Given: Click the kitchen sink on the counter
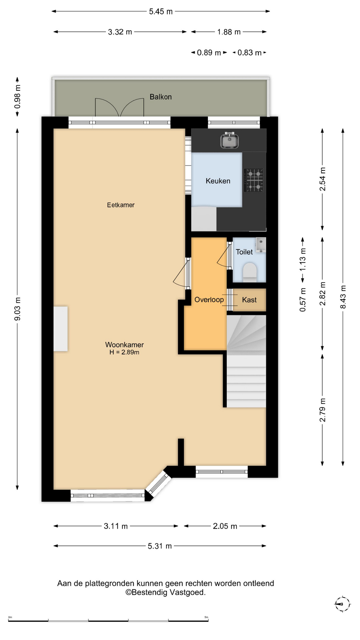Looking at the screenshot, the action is point(229,140).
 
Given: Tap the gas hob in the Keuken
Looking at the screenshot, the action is point(254,180).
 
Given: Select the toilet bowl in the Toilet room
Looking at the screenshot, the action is point(249,271).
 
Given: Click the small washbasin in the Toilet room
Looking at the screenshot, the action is point(261,245).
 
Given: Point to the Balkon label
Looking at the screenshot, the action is point(161,97).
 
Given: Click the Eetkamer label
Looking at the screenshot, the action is point(121,205).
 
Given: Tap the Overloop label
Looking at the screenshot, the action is point(209,300).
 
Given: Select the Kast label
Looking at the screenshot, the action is point(249,300).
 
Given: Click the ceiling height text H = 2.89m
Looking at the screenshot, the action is point(124,352).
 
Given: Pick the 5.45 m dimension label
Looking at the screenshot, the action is point(161,12).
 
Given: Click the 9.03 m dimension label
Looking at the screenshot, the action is point(17,309).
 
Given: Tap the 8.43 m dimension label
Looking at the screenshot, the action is point(343,297).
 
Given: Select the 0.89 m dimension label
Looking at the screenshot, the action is point(209,53).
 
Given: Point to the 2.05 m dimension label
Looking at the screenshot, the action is point(225,526).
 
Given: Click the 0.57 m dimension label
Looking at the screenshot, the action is point(303,300).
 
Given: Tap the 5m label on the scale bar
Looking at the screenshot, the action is point(206,617).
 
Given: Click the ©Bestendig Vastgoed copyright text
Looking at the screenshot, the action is point(165,592).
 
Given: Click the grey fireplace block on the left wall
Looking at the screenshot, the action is point(61,329).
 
